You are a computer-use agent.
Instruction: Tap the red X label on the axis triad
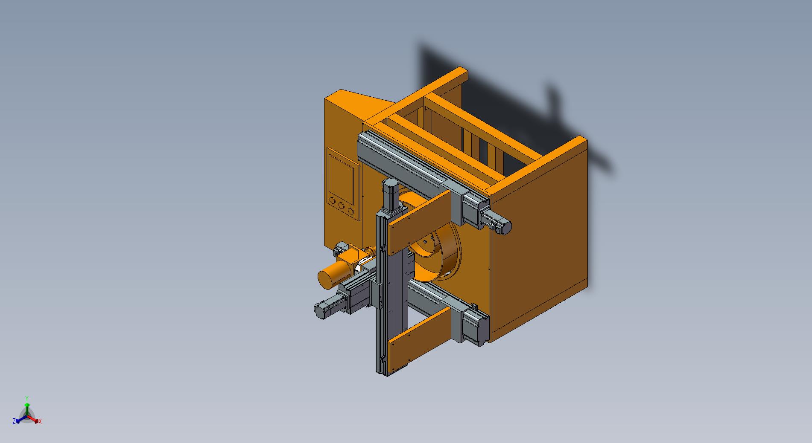[40, 421]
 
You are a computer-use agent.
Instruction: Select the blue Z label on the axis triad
[14, 421]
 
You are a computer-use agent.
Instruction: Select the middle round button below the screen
[342, 205]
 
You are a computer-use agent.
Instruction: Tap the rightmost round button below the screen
[351, 210]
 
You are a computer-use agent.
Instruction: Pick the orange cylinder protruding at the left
[333, 275]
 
